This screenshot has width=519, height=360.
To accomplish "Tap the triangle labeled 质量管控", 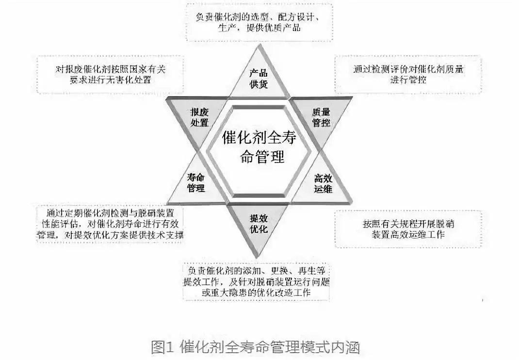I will click(x=321, y=116).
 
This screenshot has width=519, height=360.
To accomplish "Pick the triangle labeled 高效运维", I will click(x=323, y=183).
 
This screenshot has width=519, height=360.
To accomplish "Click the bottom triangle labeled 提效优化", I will click(x=259, y=223).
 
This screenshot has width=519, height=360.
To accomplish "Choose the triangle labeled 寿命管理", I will click(x=196, y=183).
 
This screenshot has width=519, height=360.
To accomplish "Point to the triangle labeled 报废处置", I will click(x=199, y=116).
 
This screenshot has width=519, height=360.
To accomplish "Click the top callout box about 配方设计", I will click(x=259, y=22).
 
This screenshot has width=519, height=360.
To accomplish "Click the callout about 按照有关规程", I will click(x=408, y=229).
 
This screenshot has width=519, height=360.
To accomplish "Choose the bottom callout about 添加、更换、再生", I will click(x=257, y=281).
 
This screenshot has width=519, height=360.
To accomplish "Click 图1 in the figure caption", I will click(x=162, y=347).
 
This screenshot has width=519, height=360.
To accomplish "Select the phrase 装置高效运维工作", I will click(x=408, y=234).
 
